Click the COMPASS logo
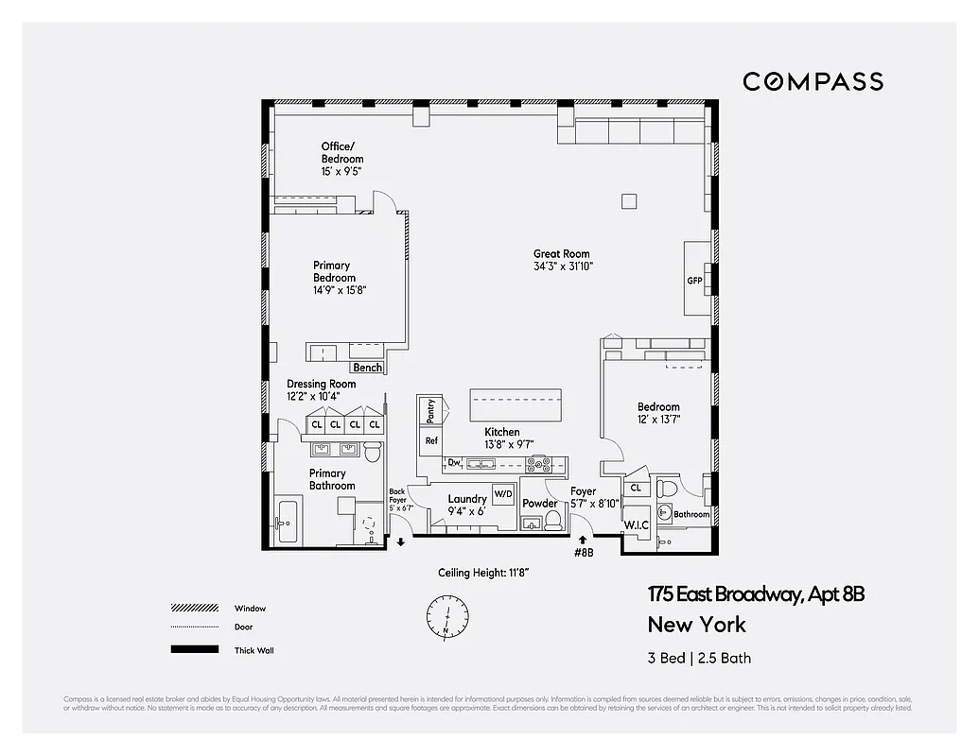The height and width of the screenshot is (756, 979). tap(813, 81)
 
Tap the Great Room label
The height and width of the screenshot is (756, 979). tap(562, 253)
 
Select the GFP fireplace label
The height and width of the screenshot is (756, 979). tap(695, 281)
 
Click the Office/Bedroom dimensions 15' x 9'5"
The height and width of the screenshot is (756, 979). tap(341, 171)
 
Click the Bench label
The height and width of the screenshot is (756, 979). tap(367, 368)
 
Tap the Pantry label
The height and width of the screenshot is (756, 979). tap(430, 410)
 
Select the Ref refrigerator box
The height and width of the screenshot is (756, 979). tap(431, 441)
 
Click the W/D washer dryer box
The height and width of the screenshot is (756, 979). tap(503, 493)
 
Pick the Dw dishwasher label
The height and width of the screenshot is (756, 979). tap(455, 462)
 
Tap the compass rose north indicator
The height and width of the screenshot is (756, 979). tap(446, 615)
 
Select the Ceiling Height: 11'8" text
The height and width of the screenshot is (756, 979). tap(482, 573)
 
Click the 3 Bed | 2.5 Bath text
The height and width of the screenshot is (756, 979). tap(699, 658)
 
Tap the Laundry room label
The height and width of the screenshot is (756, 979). tap(467, 498)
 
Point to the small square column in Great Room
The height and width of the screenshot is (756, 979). tap(628, 199)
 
